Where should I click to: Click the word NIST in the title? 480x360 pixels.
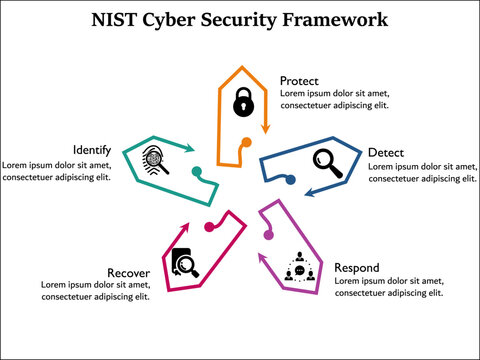[113, 19]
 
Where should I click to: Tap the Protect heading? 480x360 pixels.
[300, 81]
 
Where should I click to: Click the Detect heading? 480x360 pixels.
[386, 152]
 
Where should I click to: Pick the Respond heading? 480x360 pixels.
[358, 268]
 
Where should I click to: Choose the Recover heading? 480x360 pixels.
[129, 272]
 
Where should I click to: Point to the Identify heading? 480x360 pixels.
[92, 149]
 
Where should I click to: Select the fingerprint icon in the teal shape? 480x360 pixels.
[156, 158]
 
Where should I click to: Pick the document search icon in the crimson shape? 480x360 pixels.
[185, 262]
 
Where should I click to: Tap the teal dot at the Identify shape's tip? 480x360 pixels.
[197, 170]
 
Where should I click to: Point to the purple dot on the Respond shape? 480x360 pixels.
[268, 235]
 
